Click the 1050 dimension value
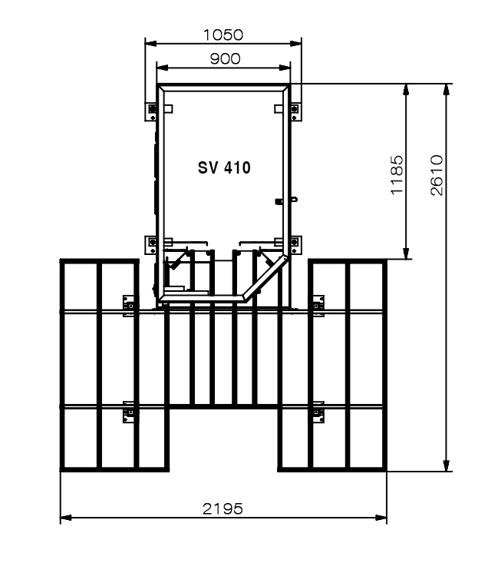coord(223,35)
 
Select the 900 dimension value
coord(225,58)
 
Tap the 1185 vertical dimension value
coord(397,175)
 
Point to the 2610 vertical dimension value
coord(437,175)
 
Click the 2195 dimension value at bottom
coord(222,508)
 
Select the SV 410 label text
coord(224,167)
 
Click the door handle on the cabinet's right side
coord(286,200)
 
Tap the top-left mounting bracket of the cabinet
coord(151,111)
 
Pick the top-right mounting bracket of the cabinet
coord(295,111)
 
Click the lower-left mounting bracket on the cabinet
coord(151,245)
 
